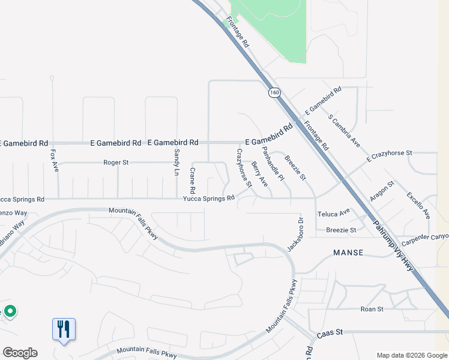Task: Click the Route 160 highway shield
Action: [x=274, y=92]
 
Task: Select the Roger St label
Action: [x=116, y=162]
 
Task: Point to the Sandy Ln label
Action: [x=176, y=162]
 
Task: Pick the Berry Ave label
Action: [x=259, y=173]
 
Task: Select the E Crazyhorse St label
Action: [x=389, y=157]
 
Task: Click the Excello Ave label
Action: [x=418, y=205]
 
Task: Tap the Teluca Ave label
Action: [x=334, y=214]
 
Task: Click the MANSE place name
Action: [x=348, y=253]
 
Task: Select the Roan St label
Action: [x=372, y=309]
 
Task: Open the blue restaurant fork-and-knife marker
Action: [x=64, y=329]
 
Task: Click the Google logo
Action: [x=20, y=353]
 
